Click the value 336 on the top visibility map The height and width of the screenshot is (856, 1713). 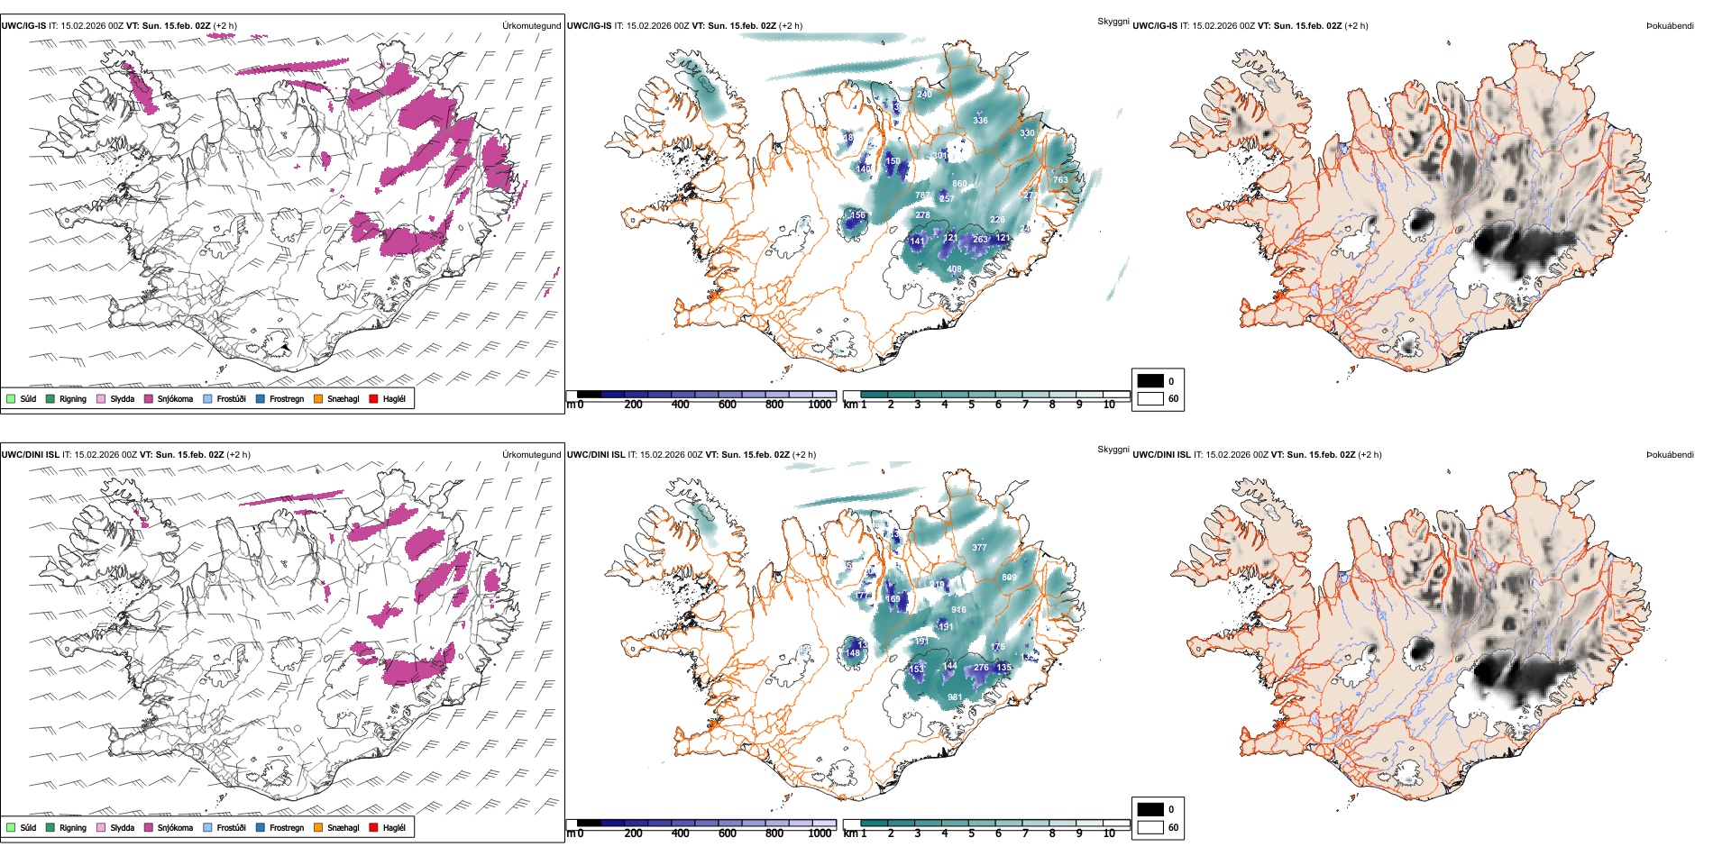pos(980,120)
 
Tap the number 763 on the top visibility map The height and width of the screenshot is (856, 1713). pos(1060,179)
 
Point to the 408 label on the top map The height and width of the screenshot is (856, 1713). pos(954,269)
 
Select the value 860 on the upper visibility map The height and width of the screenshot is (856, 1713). pos(959,184)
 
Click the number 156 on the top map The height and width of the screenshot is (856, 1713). pos(857,215)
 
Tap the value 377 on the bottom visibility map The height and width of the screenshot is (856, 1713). pos(979,548)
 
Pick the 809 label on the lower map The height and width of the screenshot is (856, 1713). pos(1009,578)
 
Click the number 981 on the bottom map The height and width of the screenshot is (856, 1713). pos(955,697)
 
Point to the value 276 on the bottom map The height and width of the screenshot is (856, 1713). pos(981,668)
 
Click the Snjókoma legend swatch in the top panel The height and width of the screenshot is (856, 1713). pos(149,398)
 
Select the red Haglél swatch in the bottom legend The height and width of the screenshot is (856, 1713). pos(374,827)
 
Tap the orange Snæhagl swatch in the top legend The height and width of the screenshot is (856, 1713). pos(318,398)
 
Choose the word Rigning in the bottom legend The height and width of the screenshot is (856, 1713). pos(73,827)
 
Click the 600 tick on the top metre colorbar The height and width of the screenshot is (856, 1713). pos(728,405)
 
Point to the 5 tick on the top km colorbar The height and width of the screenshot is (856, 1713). pos(971,405)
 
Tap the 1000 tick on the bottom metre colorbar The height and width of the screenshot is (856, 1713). pos(820,833)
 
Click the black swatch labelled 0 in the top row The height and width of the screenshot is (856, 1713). pos(1150,381)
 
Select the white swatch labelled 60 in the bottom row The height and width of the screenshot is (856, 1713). pos(1150,827)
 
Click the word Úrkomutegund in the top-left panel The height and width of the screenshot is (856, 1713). pos(531,26)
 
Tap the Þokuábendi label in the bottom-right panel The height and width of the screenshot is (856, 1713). pos(1670,455)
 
